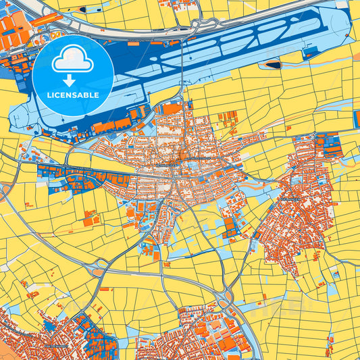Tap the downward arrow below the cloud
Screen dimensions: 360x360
[x=72, y=80]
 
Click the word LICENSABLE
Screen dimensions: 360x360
[x=72, y=95]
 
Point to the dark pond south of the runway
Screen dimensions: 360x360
[x=273, y=65]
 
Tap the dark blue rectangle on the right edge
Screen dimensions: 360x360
[x=356, y=119]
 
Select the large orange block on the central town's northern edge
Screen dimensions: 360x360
[x=173, y=108]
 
